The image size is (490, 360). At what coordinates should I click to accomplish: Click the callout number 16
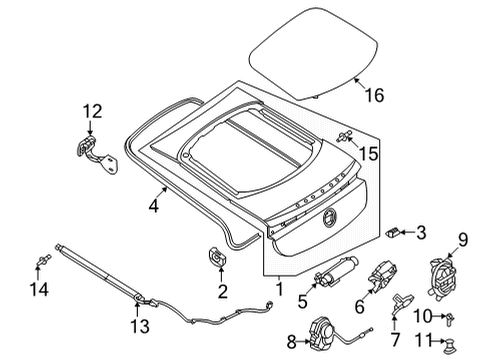[x=375, y=95]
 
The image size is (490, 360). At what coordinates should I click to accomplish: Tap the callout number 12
[x=92, y=111]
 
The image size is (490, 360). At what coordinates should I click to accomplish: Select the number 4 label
[x=153, y=206]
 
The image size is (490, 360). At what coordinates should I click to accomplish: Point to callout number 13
[x=140, y=326]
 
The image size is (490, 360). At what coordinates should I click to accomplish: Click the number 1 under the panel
[x=280, y=288]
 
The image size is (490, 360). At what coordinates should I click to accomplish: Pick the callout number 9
[x=463, y=240]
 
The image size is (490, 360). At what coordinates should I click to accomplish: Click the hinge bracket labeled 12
[x=97, y=155]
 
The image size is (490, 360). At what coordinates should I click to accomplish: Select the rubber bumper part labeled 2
[x=217, y=257]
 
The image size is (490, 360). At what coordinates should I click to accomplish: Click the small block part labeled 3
[x=394, y=232]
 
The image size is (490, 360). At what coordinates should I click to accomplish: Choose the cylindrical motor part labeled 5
[x=335, y=271]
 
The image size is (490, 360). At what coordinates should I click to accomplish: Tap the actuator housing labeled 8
[x=322, y=334]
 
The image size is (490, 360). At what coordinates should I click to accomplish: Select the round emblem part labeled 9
[x=442, y=279]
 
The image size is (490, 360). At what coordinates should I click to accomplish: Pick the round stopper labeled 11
[x=450, y=344]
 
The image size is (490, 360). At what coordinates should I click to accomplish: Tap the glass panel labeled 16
[x=313, y=53]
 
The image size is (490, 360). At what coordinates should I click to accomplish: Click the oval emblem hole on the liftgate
[x=329, y=217]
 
